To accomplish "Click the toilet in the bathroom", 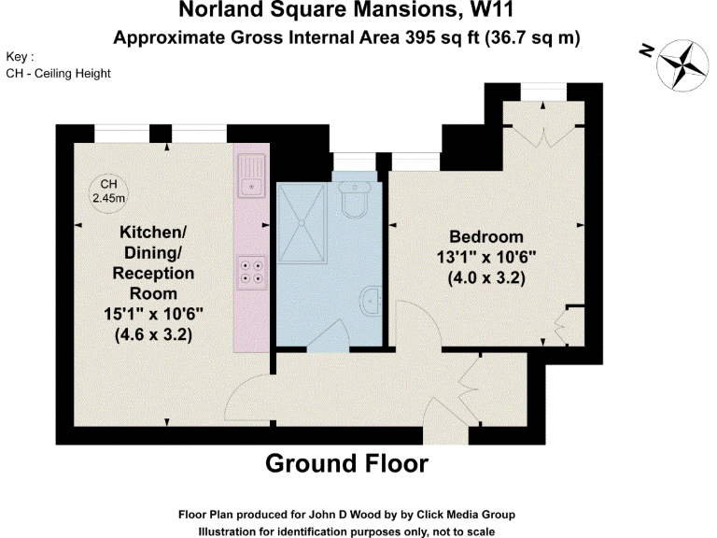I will pyautogui.click(x=356, y=199).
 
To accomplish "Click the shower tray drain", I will pyautogui.click(x=301, y=222).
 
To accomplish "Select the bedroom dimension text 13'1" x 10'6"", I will pyautogui.click(x=485, y=257).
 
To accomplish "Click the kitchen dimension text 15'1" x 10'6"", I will pyautogui.click(x=153, y=315).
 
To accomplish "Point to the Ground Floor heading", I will pyautogui.click(x=346, y=463).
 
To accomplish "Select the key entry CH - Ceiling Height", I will pyautogui.click(x=58, y=73).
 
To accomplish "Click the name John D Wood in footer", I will pyautogui.click(x=337, y=515).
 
